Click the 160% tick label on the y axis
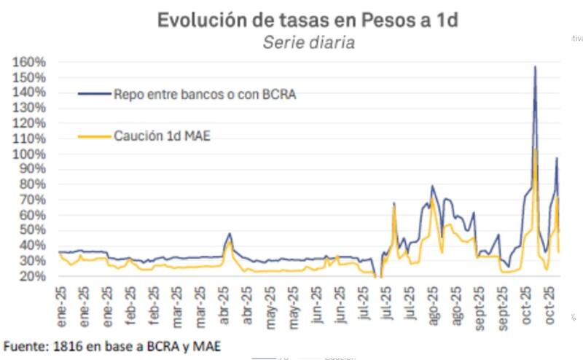(x=30, y=62)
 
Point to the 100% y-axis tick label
(x=30, y=154)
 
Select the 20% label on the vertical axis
(x=32, y=277)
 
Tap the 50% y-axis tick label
(x=32, y=231)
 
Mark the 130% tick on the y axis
(x=30, y=108)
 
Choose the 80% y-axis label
(x=32, y=185)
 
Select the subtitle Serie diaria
(x=308, y=43)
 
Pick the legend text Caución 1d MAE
(x=162, y=136)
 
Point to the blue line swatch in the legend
(x=93, y=94)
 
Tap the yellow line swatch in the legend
(x=93, y=136)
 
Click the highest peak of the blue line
(x=535, y=67)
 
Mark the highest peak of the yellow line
(x=536, y=149)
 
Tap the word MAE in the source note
(x=207, y=345)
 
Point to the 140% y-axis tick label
(x=30, y=93)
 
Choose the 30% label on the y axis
(x=32, y=262)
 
